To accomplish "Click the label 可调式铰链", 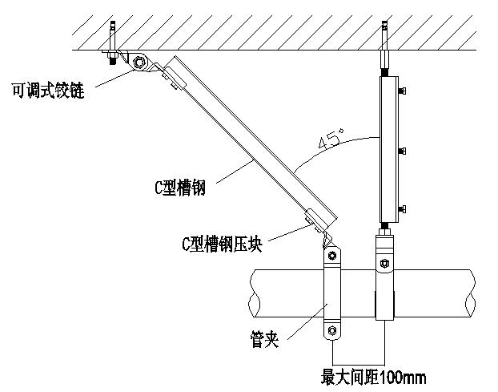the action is [48, 91].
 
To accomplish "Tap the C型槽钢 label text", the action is [180, 188].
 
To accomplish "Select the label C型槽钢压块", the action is [223, 244].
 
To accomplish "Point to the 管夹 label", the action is [264, 339].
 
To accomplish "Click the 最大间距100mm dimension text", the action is [373, 378].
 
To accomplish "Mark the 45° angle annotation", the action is [331, 139].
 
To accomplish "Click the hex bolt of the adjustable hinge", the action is [139, 62].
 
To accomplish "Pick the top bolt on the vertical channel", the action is [402, 91].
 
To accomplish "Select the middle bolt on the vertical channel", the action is [402, 151].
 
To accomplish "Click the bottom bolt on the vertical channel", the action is [402, 209].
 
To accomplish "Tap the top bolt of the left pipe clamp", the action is [332, 256].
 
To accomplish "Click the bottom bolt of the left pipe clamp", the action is [332, 330].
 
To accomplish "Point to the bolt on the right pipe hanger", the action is [384, 263].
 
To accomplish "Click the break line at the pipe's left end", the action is [254, 293].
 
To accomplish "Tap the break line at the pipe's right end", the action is [470, 293].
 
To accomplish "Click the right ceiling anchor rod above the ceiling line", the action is [384, 35].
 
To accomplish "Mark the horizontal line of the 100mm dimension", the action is [359, 365].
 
